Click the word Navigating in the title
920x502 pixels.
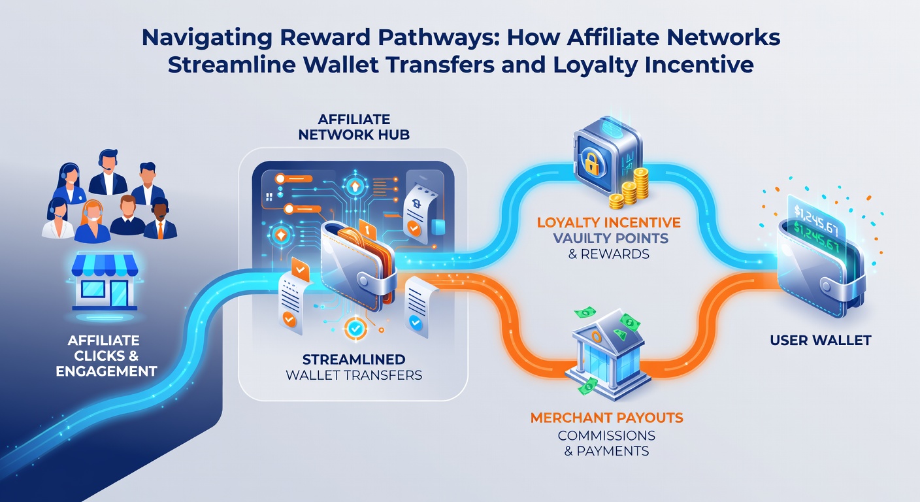click(206, 38)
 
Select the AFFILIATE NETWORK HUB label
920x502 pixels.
click(354, 127)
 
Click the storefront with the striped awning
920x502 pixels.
click(105, 282)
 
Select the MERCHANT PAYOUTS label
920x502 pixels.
click(606, 418)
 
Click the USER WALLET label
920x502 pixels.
click(821, 341)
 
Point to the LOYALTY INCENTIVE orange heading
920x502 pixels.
click(609, 223)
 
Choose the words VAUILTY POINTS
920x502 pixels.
click(610, 239)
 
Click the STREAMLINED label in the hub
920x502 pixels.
click(354, 360)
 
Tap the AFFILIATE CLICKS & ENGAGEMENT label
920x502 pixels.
click(106, 356)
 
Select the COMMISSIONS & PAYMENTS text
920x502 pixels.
click(606, 443)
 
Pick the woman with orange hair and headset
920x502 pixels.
click(93, 222)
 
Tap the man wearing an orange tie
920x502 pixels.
click(161, 219)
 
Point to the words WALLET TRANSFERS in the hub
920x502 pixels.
click(354, 375)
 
